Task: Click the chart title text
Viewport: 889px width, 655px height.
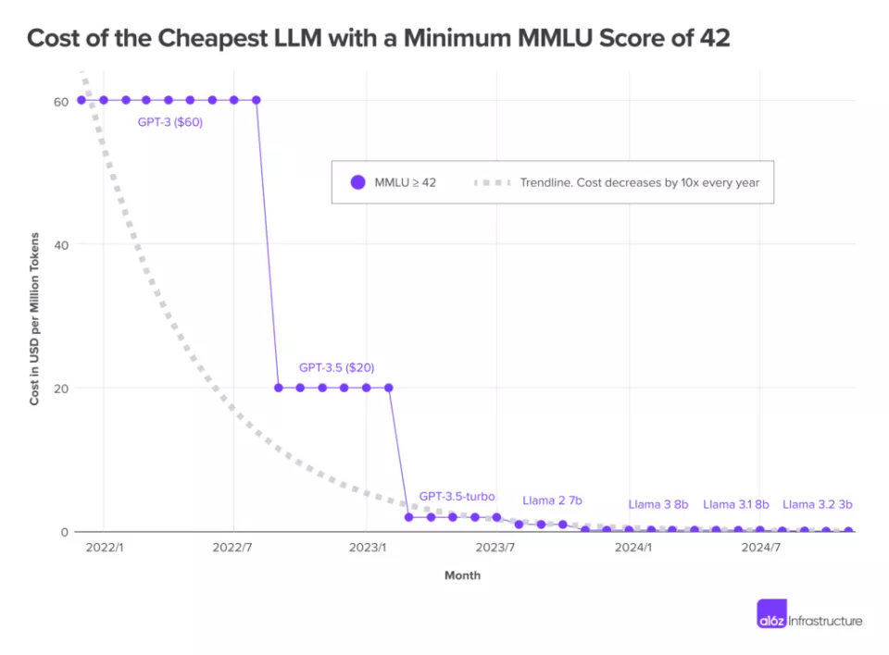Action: coord(378,38)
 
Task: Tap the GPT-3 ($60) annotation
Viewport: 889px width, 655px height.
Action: coord(170,122)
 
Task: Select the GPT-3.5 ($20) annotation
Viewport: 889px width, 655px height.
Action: coord(336,367)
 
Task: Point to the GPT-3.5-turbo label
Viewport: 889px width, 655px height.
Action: coord(457,497)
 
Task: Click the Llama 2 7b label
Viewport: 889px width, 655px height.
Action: coord(552,501)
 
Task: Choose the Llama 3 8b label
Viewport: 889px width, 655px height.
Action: coord(658,504)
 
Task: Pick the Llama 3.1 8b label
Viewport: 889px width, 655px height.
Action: coord(736,504)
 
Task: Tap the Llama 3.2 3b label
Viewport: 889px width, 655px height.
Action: coord(817,504)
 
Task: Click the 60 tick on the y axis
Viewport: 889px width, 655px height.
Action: coord(60,101)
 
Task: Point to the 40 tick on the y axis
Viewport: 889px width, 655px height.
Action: coord(60,244)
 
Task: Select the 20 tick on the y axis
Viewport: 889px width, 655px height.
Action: coord(60,388)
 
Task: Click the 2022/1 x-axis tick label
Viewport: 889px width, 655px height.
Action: coord(104,548)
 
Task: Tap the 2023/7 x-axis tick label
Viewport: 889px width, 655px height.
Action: coord(495,548)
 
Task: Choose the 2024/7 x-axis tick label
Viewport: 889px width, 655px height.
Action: coord(760,548)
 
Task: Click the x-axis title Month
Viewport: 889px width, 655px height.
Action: coord(462,575)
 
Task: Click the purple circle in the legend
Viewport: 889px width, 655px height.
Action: coord(358,182)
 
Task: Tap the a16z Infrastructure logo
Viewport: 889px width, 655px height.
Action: coord(809,621)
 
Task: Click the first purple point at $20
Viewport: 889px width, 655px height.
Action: coord(278,388)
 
